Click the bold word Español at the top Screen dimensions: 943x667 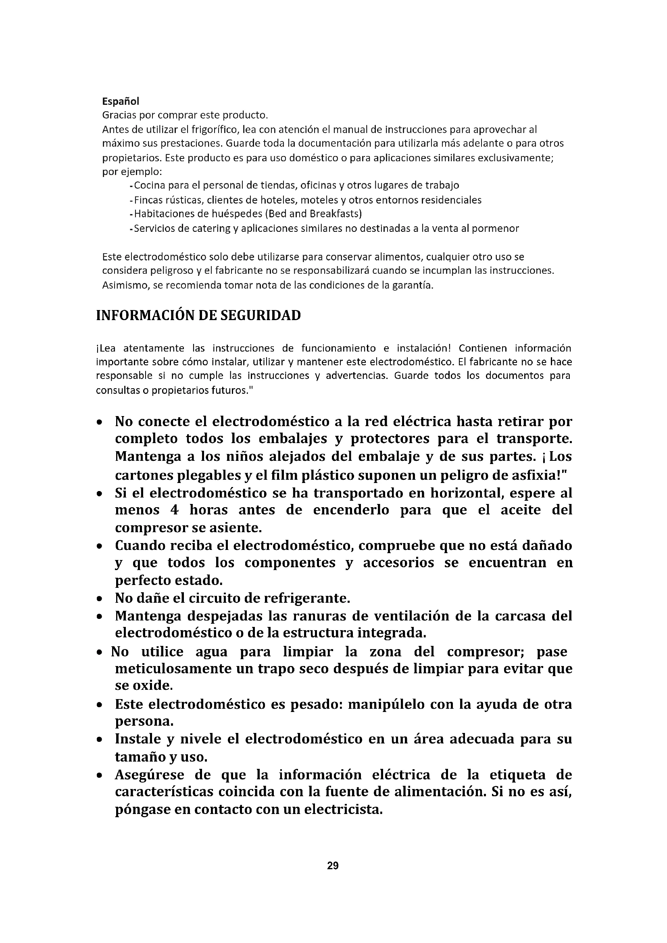[x=121, y=101]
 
